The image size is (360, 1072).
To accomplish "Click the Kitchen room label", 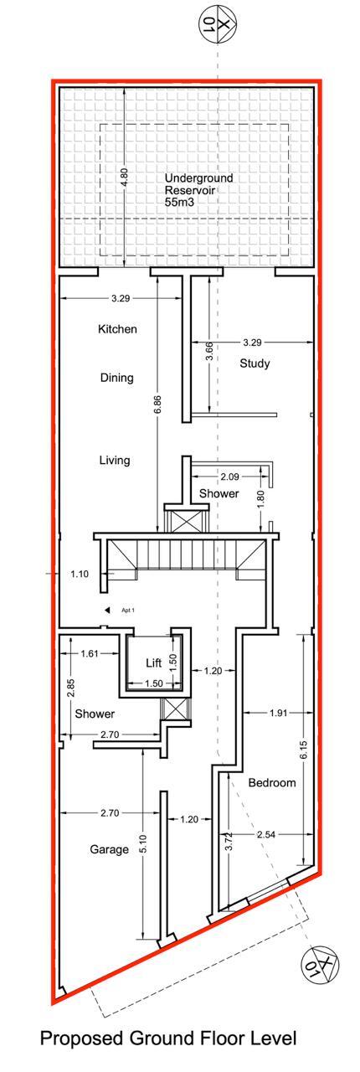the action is pos(117,329).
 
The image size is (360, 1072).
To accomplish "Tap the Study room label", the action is pos(255,363).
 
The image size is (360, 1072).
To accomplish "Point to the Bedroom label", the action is pos(272,783).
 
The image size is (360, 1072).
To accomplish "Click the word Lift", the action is pos(154,662).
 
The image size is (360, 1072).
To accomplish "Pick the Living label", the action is pos(115,461).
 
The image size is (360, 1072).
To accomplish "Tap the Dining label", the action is pos(117,378).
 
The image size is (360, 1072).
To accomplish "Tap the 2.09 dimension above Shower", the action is pos(229,477).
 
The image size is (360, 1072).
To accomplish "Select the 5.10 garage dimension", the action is pos(144,843).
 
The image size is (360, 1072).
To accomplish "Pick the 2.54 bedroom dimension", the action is pos(266,835).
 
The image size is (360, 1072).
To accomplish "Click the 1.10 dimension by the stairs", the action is pos(80,574).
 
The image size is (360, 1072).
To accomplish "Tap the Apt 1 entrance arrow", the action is pos(108,610).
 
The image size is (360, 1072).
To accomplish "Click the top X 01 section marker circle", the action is pos(218,22).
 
